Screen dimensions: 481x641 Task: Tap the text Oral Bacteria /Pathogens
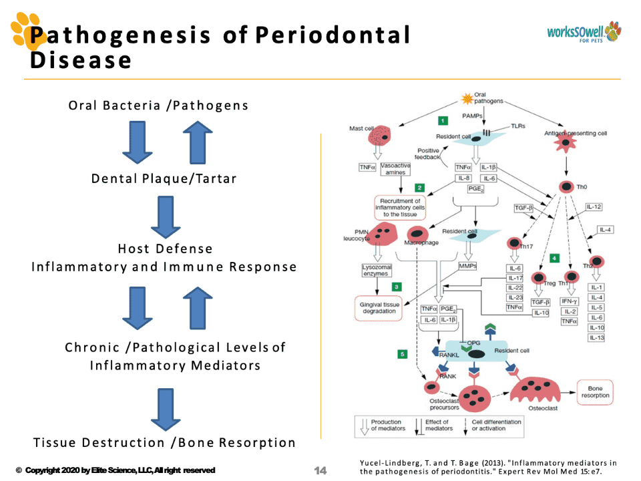coord(158,106)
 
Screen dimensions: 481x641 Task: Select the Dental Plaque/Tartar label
coord(164,179)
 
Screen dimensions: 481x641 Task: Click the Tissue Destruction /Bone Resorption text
coord(164,443)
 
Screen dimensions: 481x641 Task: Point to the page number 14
coord(320,470)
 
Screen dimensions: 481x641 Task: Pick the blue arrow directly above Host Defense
coord(165,216)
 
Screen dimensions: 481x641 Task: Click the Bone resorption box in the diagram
coord(595,391)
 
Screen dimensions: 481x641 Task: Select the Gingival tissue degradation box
coord(379,308)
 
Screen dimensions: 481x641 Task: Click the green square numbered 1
coord(442,121)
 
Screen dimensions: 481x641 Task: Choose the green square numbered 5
coord(402,354)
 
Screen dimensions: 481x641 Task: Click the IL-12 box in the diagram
coord(594,207)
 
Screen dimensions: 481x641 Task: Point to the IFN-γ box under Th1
coord(569,301)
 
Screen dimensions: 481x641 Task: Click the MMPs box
coord(467,267)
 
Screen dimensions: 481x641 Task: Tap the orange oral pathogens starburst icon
coord(467,99)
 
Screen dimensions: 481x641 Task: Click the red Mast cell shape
coord(381,138)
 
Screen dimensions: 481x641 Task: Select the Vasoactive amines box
coord(396,168)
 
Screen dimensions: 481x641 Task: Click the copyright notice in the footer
coord(115,470)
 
